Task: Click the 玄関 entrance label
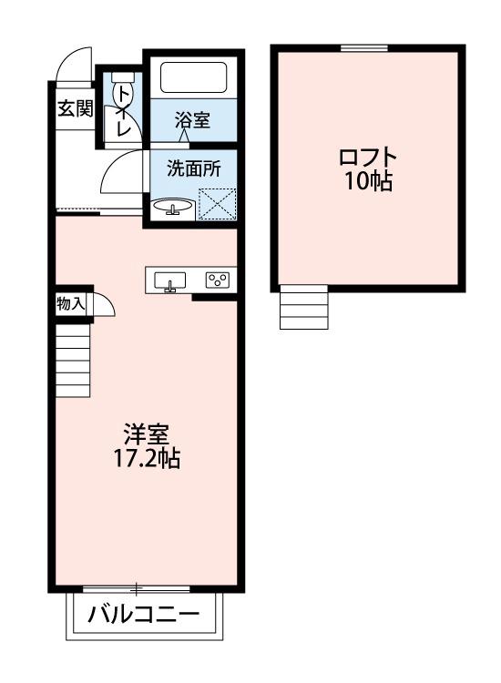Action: [x=76, y=109]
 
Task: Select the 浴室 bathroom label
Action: [x=192, y=120]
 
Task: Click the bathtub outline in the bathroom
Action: [x=193, y=76]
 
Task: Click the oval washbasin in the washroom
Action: [x=172, y=207]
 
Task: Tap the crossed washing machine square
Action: [x=217, y=202]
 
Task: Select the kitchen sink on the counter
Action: [x=169, y=281]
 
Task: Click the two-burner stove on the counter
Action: [x=218, y=280]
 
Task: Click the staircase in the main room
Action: [x=72, y=362]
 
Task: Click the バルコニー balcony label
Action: [x=144, y=616]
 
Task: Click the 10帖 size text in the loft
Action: [x=368, y=181]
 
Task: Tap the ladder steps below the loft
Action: [x=303, y=307]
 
